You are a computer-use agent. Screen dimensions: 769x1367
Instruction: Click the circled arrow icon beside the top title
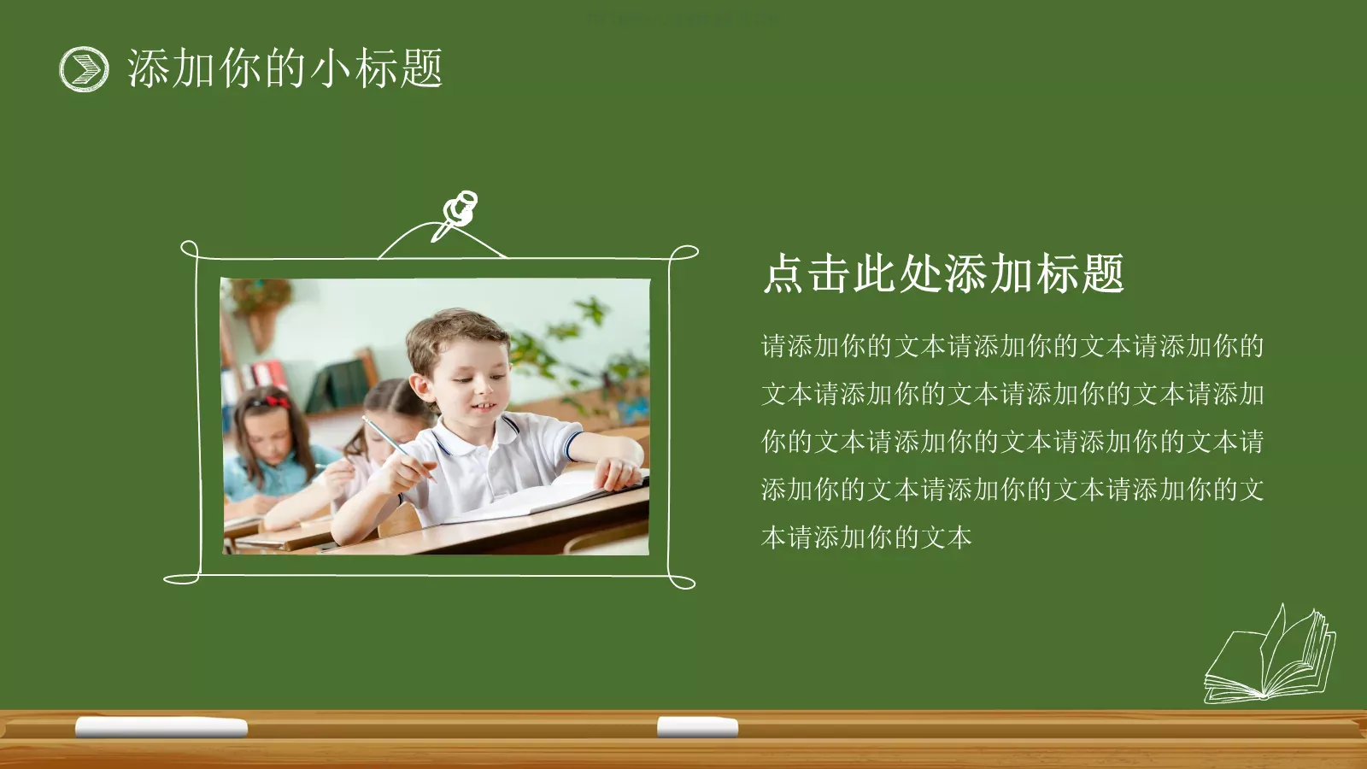[x=84, y=69]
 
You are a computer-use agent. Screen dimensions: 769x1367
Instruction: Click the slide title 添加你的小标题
[x=285, y=69]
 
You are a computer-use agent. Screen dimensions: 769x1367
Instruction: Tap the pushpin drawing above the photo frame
[x=458, y=213]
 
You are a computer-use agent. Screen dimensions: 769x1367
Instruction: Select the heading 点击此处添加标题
[x=943, y=274]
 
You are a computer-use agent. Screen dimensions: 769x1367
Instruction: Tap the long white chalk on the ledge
[x=161, y=727]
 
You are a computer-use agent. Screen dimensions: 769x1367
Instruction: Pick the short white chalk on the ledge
[x=697, y=727]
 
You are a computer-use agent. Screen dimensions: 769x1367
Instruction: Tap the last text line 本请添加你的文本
[x=866, y=537]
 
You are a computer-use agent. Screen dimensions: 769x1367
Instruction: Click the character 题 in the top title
[x=420, y=69]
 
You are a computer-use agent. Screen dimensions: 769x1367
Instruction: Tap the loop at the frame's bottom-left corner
[x=181, y=578]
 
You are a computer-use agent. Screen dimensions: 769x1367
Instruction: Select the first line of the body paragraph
[x=1012, y=346]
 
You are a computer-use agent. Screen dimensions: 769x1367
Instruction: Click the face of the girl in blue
[x=268, y=436]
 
